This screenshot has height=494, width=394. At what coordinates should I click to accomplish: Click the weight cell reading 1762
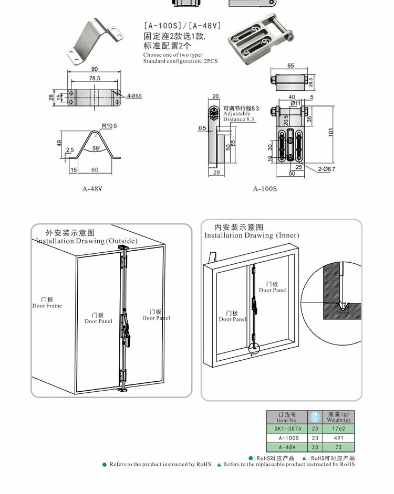click(339, 428)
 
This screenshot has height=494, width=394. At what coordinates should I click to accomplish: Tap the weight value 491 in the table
click(339, 438)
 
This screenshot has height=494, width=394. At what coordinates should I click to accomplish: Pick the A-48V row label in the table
click(287, 447)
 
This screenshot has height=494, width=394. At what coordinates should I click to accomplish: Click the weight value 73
click(339, 447)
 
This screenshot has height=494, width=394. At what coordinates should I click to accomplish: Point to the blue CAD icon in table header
click(315, 416)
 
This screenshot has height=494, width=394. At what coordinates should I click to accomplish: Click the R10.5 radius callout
click(109, 126)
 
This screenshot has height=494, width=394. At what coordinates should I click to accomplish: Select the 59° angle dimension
click(96, 148)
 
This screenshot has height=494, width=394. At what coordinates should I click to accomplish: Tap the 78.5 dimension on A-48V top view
click(95, 78)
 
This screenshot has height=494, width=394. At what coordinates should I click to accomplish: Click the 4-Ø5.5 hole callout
click(134, 95)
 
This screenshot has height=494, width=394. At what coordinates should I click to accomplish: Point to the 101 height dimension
click(331, 133)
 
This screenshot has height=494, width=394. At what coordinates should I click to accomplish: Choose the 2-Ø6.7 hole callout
click(326, 169)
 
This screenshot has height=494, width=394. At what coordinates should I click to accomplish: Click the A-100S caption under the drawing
click(265, 189)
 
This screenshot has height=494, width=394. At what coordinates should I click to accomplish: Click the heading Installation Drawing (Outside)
click(87, 241)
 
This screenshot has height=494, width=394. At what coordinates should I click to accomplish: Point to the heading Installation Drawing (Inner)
click(252, 235)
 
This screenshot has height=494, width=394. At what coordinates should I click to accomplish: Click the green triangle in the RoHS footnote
click(219, 465)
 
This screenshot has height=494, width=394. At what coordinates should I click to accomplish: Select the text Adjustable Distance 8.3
click(239, 116)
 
